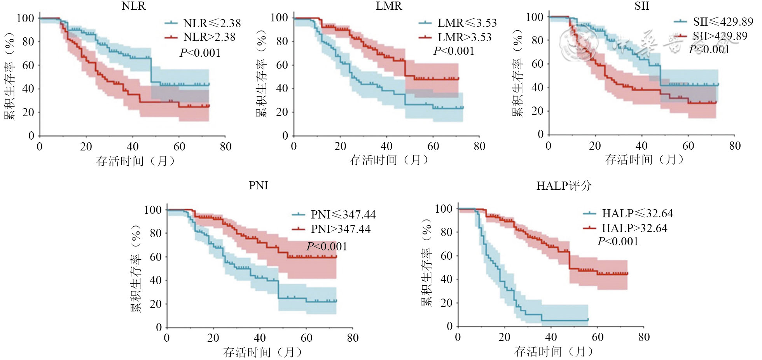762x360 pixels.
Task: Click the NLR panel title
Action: (134, 6)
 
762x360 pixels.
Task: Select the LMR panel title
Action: (389, 6)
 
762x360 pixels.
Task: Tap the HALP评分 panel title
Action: (564, 186)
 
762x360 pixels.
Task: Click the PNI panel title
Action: (259, 185)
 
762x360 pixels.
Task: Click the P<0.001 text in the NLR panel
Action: (200, 53)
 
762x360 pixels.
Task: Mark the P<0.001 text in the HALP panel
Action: (618, 241)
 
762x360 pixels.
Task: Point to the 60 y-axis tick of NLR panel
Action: (28, 65)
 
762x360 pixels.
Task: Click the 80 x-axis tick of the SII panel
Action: (734, 146)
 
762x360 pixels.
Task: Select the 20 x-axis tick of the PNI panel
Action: (213, 337)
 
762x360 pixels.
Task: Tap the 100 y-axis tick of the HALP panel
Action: (443, 209)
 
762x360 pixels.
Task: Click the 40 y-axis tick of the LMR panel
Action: (282, 88)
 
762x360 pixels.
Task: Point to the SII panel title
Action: (642, 6)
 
